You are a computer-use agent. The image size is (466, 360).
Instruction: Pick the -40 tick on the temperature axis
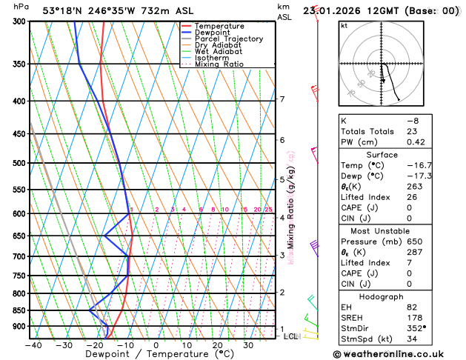[x=33, y=345]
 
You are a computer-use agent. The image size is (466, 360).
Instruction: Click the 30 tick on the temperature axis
[x=248, y=345]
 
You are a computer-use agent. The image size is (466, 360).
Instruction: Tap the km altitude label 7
[x=282, y=99]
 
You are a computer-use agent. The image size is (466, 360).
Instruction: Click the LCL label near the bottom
[x=290, y=337]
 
